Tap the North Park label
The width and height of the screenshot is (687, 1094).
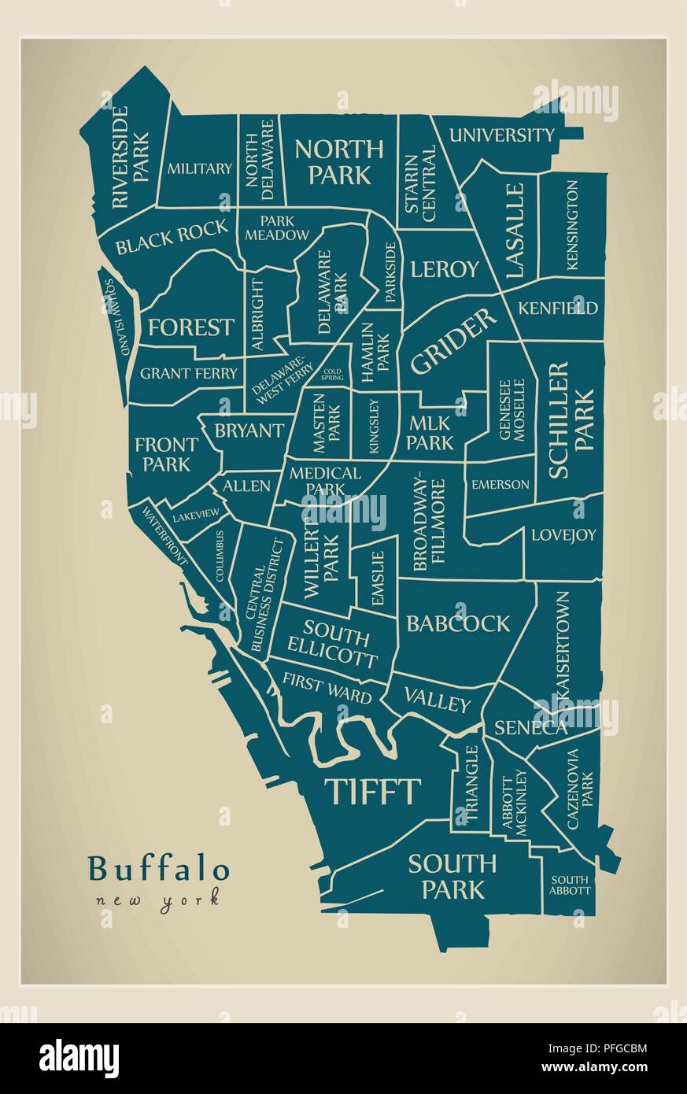click(339, 161)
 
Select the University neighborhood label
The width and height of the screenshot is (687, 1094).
click(501, 135)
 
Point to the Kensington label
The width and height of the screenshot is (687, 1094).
click(572, 225)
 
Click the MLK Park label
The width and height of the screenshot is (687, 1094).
click(430, 432)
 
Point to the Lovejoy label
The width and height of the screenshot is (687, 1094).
click(563, 535)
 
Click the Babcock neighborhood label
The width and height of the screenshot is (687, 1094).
click(458, 623)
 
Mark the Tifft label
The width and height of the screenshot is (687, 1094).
click(373, 791)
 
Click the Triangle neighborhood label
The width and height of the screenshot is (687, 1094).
click(471, 784)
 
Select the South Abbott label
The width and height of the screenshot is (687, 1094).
click(571, 885)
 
